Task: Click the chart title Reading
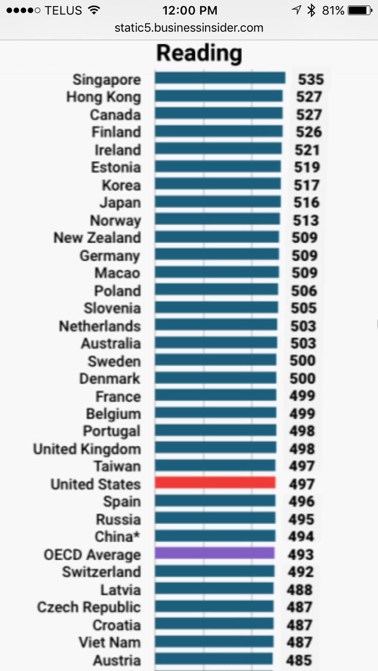coord(199,53)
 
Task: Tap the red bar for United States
coord(215,483)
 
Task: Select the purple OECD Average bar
coord(214,554)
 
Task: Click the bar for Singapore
coord(220,78)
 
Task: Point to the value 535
coord(310,79)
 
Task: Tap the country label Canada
coord(115,115)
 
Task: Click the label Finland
coord(116,132)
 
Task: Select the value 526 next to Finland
coord(309,132)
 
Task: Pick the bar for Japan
coord(217,202)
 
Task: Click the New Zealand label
coord(97,238)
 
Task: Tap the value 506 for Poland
coord(304,291)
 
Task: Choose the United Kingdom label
coord(87,449)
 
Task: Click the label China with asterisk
coord(118,536)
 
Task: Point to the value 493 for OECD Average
coord(301,555)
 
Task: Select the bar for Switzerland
coord(214,571)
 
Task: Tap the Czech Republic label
coord(88,607)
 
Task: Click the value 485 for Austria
coord(299,660)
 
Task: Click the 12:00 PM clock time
coord(189,10)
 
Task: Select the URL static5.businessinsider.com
coord(189,27)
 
